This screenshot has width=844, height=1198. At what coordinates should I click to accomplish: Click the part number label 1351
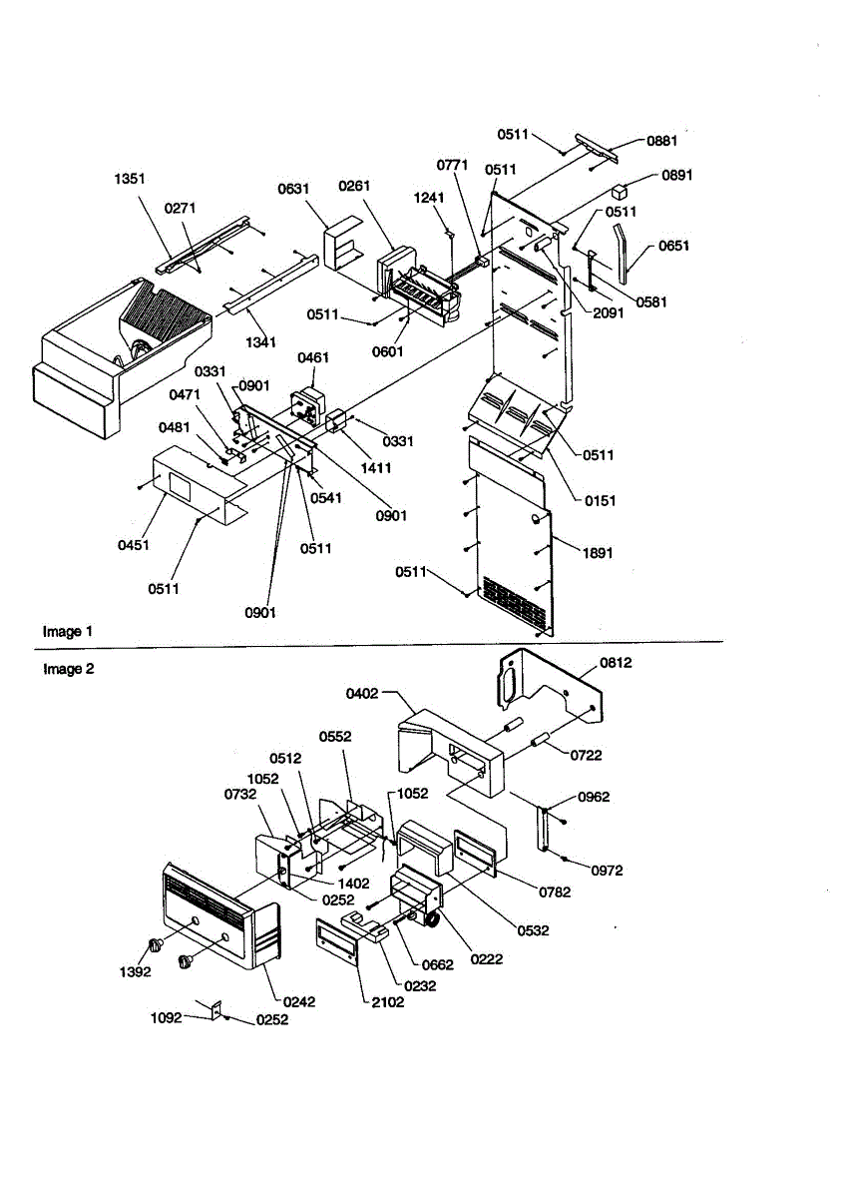pyautogui.click(x=130, y=179)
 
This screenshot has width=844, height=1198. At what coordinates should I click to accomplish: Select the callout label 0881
pyautogui.click(x=661, y=141)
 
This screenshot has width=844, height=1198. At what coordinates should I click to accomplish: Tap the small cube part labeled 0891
pyautogui.click(x=619, y=192)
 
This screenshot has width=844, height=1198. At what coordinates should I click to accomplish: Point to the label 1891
pyautogui.click(x=597, y=553)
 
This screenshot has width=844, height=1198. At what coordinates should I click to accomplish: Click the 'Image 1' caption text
pyautogui.click(x=68, y=632)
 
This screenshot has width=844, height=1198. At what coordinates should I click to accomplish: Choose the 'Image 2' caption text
pyautogui.click(x=69, y=669)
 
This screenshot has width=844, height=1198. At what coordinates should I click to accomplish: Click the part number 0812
pyautogui.click(x=616, y=663)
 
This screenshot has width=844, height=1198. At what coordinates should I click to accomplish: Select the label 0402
pyautogui.click(x=362, y=694)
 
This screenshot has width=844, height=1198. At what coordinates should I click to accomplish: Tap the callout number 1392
pyautogui.click(x=136, y=971)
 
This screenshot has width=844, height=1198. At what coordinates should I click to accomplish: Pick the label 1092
pyautogui.click(x=167, y=1017)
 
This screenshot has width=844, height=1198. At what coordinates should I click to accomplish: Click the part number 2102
pyautogui.click(x=387, y=1002)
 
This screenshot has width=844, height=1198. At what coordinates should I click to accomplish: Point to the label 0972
pyautogui.click(x=607, y=871)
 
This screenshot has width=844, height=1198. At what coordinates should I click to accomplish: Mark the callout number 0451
pyautogui.click(x=133, y=545)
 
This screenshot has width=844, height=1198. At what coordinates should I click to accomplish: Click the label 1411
pyautogui.click(x=376, y=468)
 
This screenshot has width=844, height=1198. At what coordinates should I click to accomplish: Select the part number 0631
pyautogui.click(x=293, y=189)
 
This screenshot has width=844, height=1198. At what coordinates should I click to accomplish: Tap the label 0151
pyautogui.click(x=600, y=501)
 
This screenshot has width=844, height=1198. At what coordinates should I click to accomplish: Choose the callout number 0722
pyautogui.click(x=586, y=755)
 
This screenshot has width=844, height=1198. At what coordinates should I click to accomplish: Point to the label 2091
pyautogui.click(x=609, y=312)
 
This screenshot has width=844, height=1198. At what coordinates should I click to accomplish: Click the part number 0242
pyautogui.click(x=299, y=1001)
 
